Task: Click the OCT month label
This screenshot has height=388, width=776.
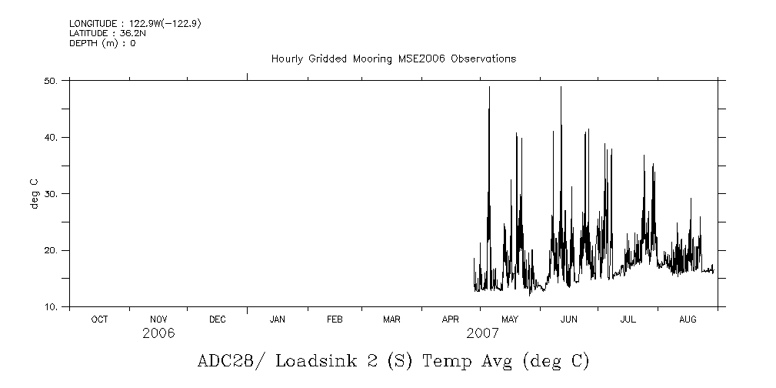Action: click(x=99, y=319)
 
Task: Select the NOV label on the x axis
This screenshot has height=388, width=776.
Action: click(x=158, y=319)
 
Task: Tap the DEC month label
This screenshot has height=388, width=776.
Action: click(x=217, y=319)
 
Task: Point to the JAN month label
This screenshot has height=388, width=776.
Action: click(x=277, y=319)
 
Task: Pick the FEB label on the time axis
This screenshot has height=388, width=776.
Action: click(x=335, y=319)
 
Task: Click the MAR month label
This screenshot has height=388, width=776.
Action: click(x=391, y=319)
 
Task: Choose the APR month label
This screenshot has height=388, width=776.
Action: click(x=450, y=319)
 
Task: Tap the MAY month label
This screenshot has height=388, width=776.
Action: click(x=509, y=319)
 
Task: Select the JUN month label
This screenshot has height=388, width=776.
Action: click(x=568, y=319)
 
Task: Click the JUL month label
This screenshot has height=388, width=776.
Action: click(x=628, y=319)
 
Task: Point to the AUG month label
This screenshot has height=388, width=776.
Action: click(x=687, y=319)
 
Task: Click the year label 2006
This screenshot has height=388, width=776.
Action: click(x=158, y=333)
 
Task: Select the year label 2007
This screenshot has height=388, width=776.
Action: click(x=482, y=333)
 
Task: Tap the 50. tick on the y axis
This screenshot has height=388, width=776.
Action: click(x=52, y=81)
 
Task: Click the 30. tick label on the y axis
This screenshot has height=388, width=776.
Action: click(x=52, y=194)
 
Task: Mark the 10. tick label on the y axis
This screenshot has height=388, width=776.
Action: click(x=52, y=307)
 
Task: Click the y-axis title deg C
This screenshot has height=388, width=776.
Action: click(x=35, y=193)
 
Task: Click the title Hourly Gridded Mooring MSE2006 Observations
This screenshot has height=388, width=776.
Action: click(x=393, y=59)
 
